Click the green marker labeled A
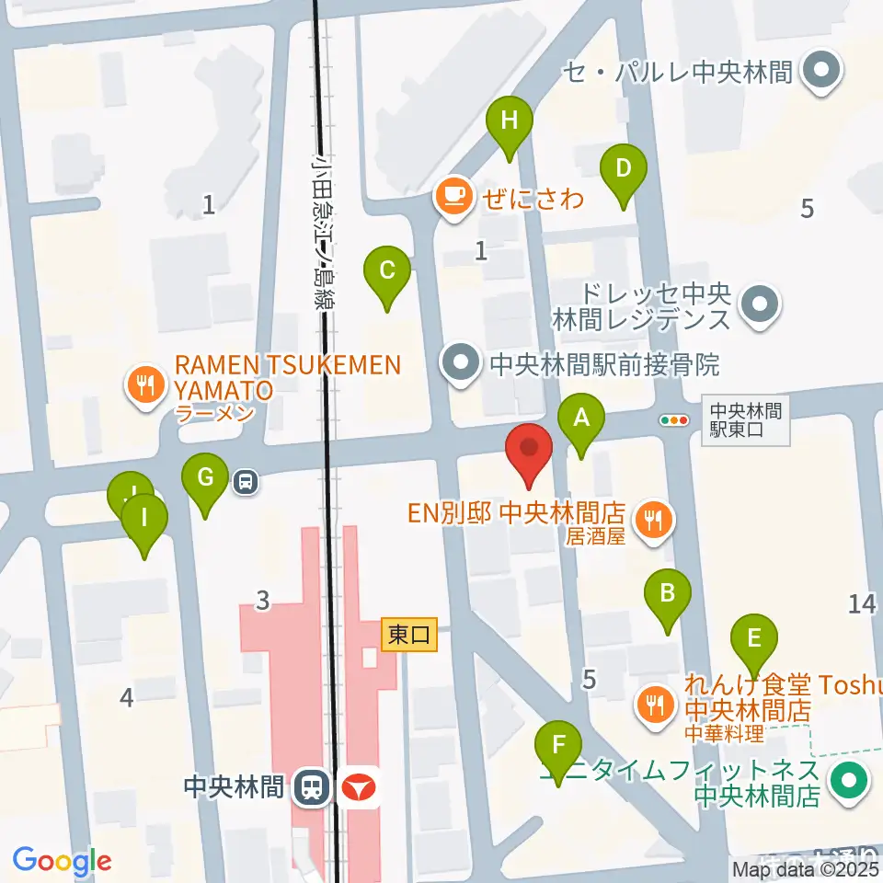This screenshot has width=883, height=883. (x=581, y=419)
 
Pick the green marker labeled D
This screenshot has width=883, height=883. (x=624, y=170)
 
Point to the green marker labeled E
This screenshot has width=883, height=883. (x=754, y=638)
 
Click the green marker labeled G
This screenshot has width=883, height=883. (x=205, y=478)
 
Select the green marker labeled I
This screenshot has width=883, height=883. (x=144, y=518)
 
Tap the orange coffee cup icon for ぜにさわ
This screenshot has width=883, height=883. (x=453, y=196)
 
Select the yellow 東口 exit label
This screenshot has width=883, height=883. (x=409, y=635)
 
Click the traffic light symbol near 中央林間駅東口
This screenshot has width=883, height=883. (x=675, y=419)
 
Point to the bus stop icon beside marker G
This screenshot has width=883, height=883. (x=246, y=480)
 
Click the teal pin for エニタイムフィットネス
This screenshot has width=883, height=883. (x=849, y=782)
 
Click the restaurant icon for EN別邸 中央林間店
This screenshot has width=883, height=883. (x=654, y=521)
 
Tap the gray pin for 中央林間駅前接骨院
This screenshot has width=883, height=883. (x=462, y=364)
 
